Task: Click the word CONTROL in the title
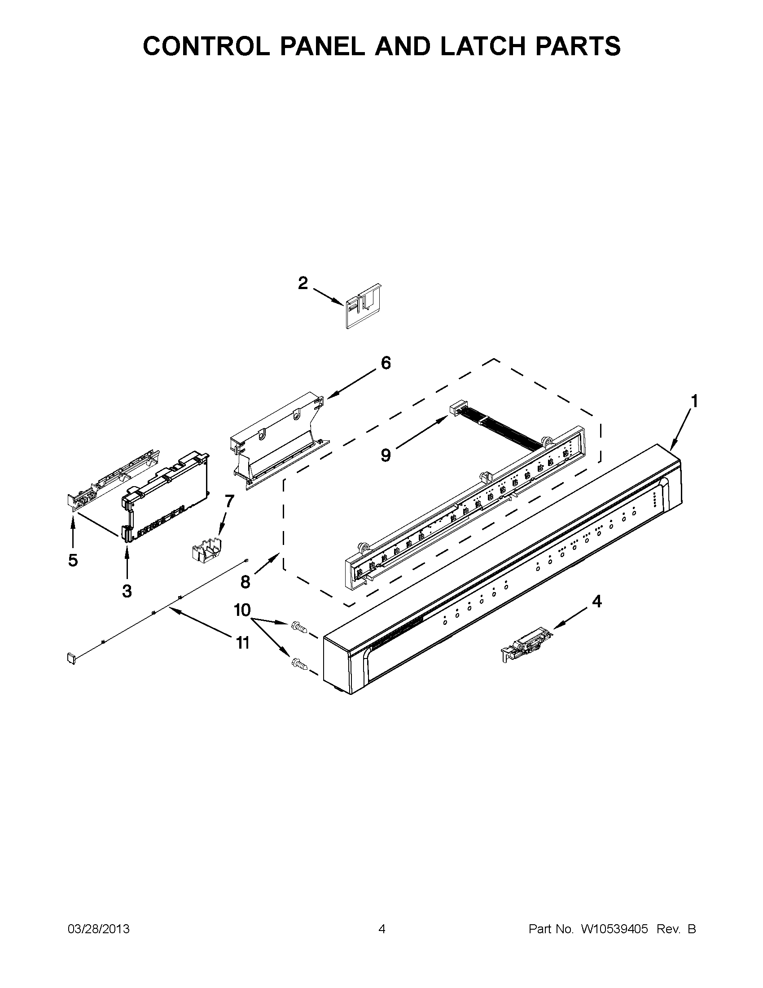click(206, 46)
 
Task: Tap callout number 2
click(303, 284)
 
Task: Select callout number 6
click(386, 363)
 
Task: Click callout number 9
click(386, 455)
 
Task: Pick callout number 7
click(229, 501)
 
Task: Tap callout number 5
click(73, 561)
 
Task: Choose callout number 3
click(127, 591)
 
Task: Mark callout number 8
click(245, 582)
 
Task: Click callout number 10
click(242, 610)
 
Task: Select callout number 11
click(243, 642)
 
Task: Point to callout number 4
click(597, 601)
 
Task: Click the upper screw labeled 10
click(299, 627)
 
